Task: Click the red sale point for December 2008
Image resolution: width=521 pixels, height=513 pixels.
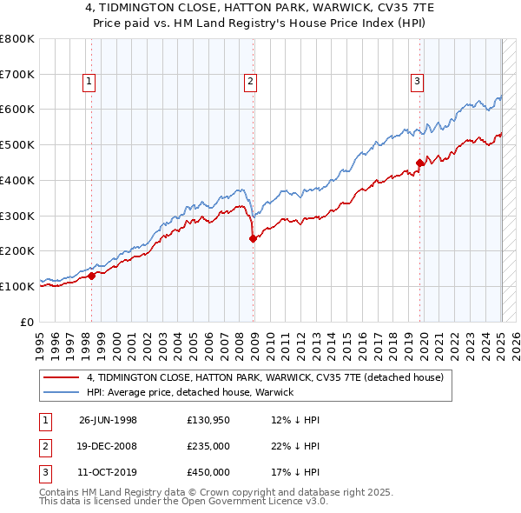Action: coord(254,238)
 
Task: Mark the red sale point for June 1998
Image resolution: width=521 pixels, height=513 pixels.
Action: coord(92,276)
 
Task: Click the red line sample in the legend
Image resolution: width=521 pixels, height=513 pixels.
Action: coord(62,377)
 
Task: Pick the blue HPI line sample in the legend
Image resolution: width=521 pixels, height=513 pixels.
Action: coord(62,392)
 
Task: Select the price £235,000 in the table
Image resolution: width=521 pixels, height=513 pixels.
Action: coord(208,446)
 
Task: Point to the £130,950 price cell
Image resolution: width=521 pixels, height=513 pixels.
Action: coord(208,421)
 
